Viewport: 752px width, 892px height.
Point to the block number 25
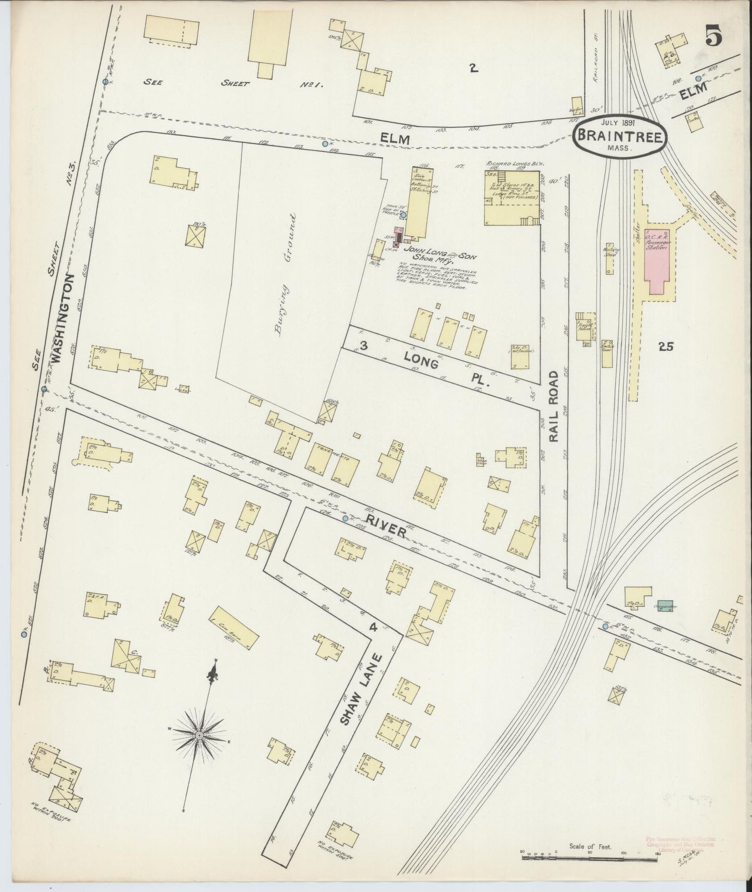coord(666,347)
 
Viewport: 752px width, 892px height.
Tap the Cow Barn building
coord(234,627)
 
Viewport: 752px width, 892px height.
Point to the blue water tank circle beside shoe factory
coord(403,214)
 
